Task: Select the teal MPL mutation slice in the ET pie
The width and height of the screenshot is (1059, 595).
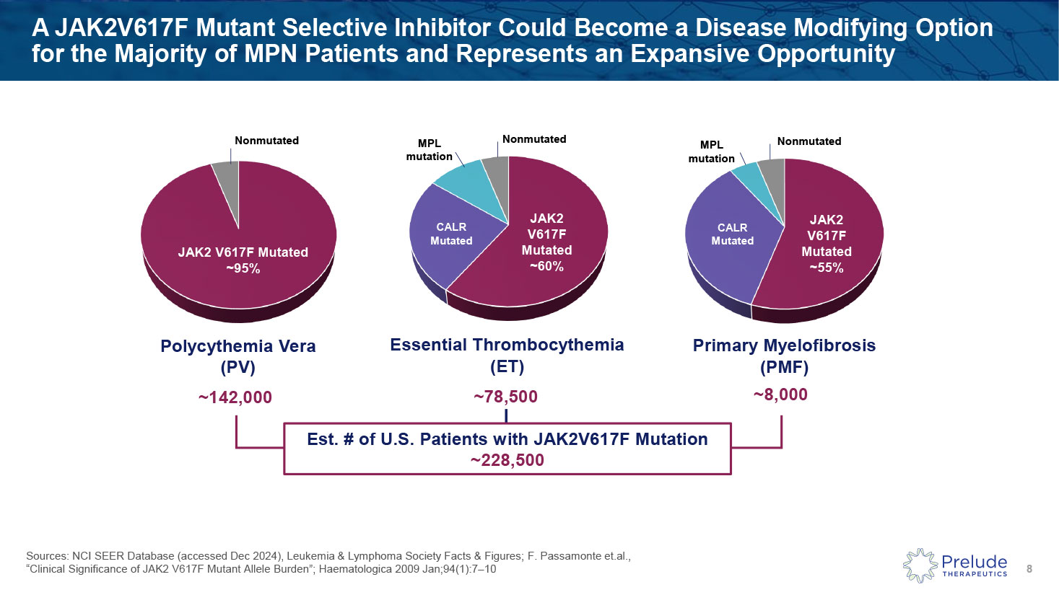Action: pyautogui.click(x=463, y=180)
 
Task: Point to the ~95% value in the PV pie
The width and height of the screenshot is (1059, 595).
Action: pyautogui.click(x=243, y=269)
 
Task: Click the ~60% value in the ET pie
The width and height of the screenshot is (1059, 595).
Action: pyautogui.click(x=546, y=266)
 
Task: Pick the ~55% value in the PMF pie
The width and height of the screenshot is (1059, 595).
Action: pyautogui.click(x=826, y=268)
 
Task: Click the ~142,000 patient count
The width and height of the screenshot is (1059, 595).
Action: pyautogui.click(x=235, y=397)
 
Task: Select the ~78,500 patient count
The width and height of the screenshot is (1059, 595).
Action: pyautogui.click(x=505, y=397)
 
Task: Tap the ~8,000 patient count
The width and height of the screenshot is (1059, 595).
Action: pyautogui.click(x=780, y=395)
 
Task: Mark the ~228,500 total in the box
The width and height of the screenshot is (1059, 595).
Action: pyautogui.click(x=507, y=460)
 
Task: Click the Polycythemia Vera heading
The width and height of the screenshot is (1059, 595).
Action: pyautogui.click(x=237, y=346)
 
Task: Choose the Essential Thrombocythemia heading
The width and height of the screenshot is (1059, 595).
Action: pyautogui.click(x=507, y=345)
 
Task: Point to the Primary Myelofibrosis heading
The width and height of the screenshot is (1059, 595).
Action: pyautogui.click(x=784, y=345)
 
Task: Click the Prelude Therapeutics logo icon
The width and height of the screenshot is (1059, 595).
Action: pyautogui.click(x=920, y=565)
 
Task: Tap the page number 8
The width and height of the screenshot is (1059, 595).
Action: pyautogui.click(x=1029, y=569)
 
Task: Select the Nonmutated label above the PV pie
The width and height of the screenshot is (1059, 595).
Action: pyautogui.click(x=266, y=141)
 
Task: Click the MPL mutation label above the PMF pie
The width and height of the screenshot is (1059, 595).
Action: pyautogui.click(x=711, y=151)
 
